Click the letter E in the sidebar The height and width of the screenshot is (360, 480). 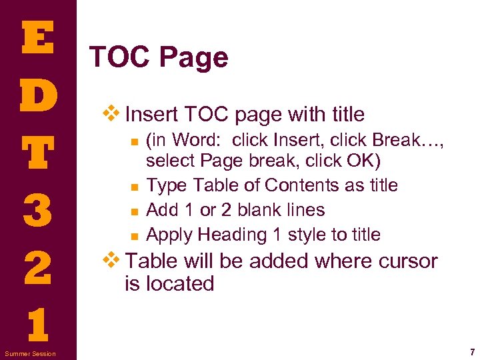click(37, 39)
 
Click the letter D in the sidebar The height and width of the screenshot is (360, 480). click(37, 97)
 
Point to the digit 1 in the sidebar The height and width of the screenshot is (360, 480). click(37, 325)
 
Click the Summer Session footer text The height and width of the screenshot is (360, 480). click(30, 353)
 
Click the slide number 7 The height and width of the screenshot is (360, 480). click(471, 351)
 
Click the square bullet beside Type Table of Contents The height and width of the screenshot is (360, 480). click(134, 186)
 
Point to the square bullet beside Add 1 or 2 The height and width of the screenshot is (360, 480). click(134, 211)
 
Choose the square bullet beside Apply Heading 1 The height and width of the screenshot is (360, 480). click(134, 235)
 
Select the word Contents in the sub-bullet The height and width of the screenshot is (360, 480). click(298, 185)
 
